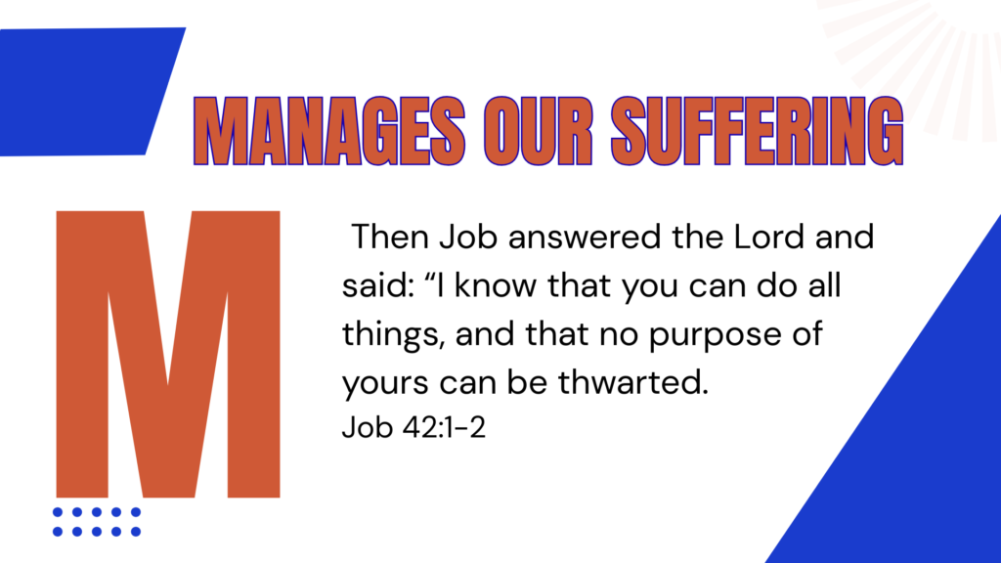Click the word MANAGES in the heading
329,131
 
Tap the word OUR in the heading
539,131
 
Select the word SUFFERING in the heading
758,131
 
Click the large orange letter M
168,354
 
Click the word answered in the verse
585,238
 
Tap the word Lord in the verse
768,237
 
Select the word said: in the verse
377,285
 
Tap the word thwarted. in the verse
633,382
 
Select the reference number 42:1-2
445,427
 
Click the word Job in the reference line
368,427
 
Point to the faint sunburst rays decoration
919,58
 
